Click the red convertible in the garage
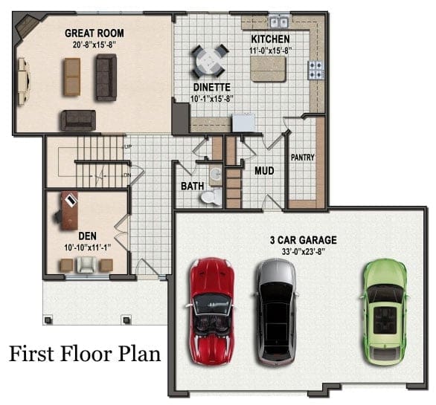[x=211, y=311]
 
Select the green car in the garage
[x=385, y=311]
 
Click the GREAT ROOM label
[x=94, y=33]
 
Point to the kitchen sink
[x=279, y=22]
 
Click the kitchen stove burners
[x=315, y=70]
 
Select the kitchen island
[x=268, y=69]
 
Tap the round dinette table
[x=210, y=62]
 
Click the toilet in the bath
[x=211, y=197]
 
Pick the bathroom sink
[x=216, y=175]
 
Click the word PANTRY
[x=303, y=158]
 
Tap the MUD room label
[x=264, y=171]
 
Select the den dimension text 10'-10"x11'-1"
[x=88, y=247]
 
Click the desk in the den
[x=69, y=210]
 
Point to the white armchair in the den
[x=87, y=265]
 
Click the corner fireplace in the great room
[x=28, y=26]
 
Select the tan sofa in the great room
[x=72, y=77]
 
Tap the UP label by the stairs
[x=128, y=146]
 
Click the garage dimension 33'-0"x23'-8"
[x=304, y=251]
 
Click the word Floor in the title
[x=86, y=354]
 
